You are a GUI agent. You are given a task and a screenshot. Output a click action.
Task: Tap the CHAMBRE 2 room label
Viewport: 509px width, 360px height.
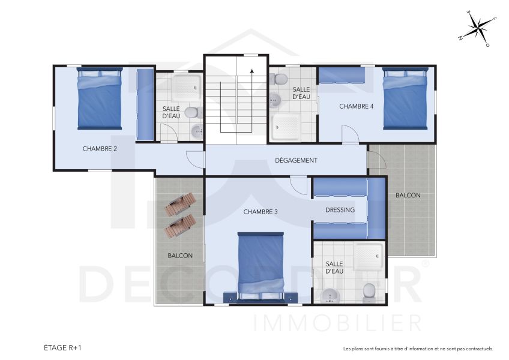click(100, 148)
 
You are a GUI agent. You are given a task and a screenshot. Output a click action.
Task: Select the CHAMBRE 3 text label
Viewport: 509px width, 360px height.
click(261, 212)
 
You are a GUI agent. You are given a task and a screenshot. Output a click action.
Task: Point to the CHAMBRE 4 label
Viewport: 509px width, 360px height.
click(357, 106)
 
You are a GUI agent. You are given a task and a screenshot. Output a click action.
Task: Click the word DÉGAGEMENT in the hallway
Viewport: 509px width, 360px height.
click(296, 160)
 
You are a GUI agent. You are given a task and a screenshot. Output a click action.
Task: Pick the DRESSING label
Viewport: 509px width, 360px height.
click(340, 210)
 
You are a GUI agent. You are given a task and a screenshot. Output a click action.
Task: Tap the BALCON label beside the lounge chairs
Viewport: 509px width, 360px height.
click(180, 256)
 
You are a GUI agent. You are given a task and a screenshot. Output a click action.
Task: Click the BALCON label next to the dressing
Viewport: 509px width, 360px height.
click(408, 196)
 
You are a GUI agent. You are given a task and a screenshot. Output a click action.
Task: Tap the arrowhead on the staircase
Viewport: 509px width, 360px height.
click(252, 71)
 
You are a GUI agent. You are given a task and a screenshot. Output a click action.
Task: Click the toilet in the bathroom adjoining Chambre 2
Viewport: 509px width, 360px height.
click(191, 112)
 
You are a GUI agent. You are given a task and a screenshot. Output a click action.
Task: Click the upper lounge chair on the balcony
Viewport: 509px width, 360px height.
click(179, 204)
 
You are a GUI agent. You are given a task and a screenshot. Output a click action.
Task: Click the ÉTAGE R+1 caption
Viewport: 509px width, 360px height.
click(63, 347)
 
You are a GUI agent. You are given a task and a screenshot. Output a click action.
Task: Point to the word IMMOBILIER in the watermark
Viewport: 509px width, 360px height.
click(338, 323)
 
